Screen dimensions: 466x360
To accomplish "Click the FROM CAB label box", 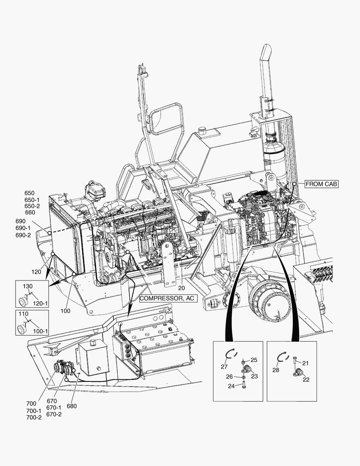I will [x=321, y=184].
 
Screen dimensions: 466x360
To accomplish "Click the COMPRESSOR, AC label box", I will [x=168, y=298].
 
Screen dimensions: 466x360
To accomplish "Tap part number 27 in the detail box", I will [x=224, y=367].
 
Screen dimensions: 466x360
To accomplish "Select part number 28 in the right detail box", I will [x=276, y=370].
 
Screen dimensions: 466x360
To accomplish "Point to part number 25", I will [x=254, y=360].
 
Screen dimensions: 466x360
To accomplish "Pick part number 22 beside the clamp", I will [x=306, y=379].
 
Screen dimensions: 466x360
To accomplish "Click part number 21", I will [x=305, y=363].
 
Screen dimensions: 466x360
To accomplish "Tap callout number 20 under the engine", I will [x=181, y=288].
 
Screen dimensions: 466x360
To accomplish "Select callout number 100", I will [x=65, y=311].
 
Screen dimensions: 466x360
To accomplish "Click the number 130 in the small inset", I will [x=28, y=287].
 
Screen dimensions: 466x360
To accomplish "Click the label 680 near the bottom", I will [x=72, y=406].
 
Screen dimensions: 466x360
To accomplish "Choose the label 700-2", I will [x=34, y=417].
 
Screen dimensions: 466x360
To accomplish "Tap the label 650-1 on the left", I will [x=32, y=200].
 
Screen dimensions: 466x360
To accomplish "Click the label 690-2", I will [x=23, y=235].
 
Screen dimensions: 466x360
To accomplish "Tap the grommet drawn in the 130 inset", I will [x=21, y=299].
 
